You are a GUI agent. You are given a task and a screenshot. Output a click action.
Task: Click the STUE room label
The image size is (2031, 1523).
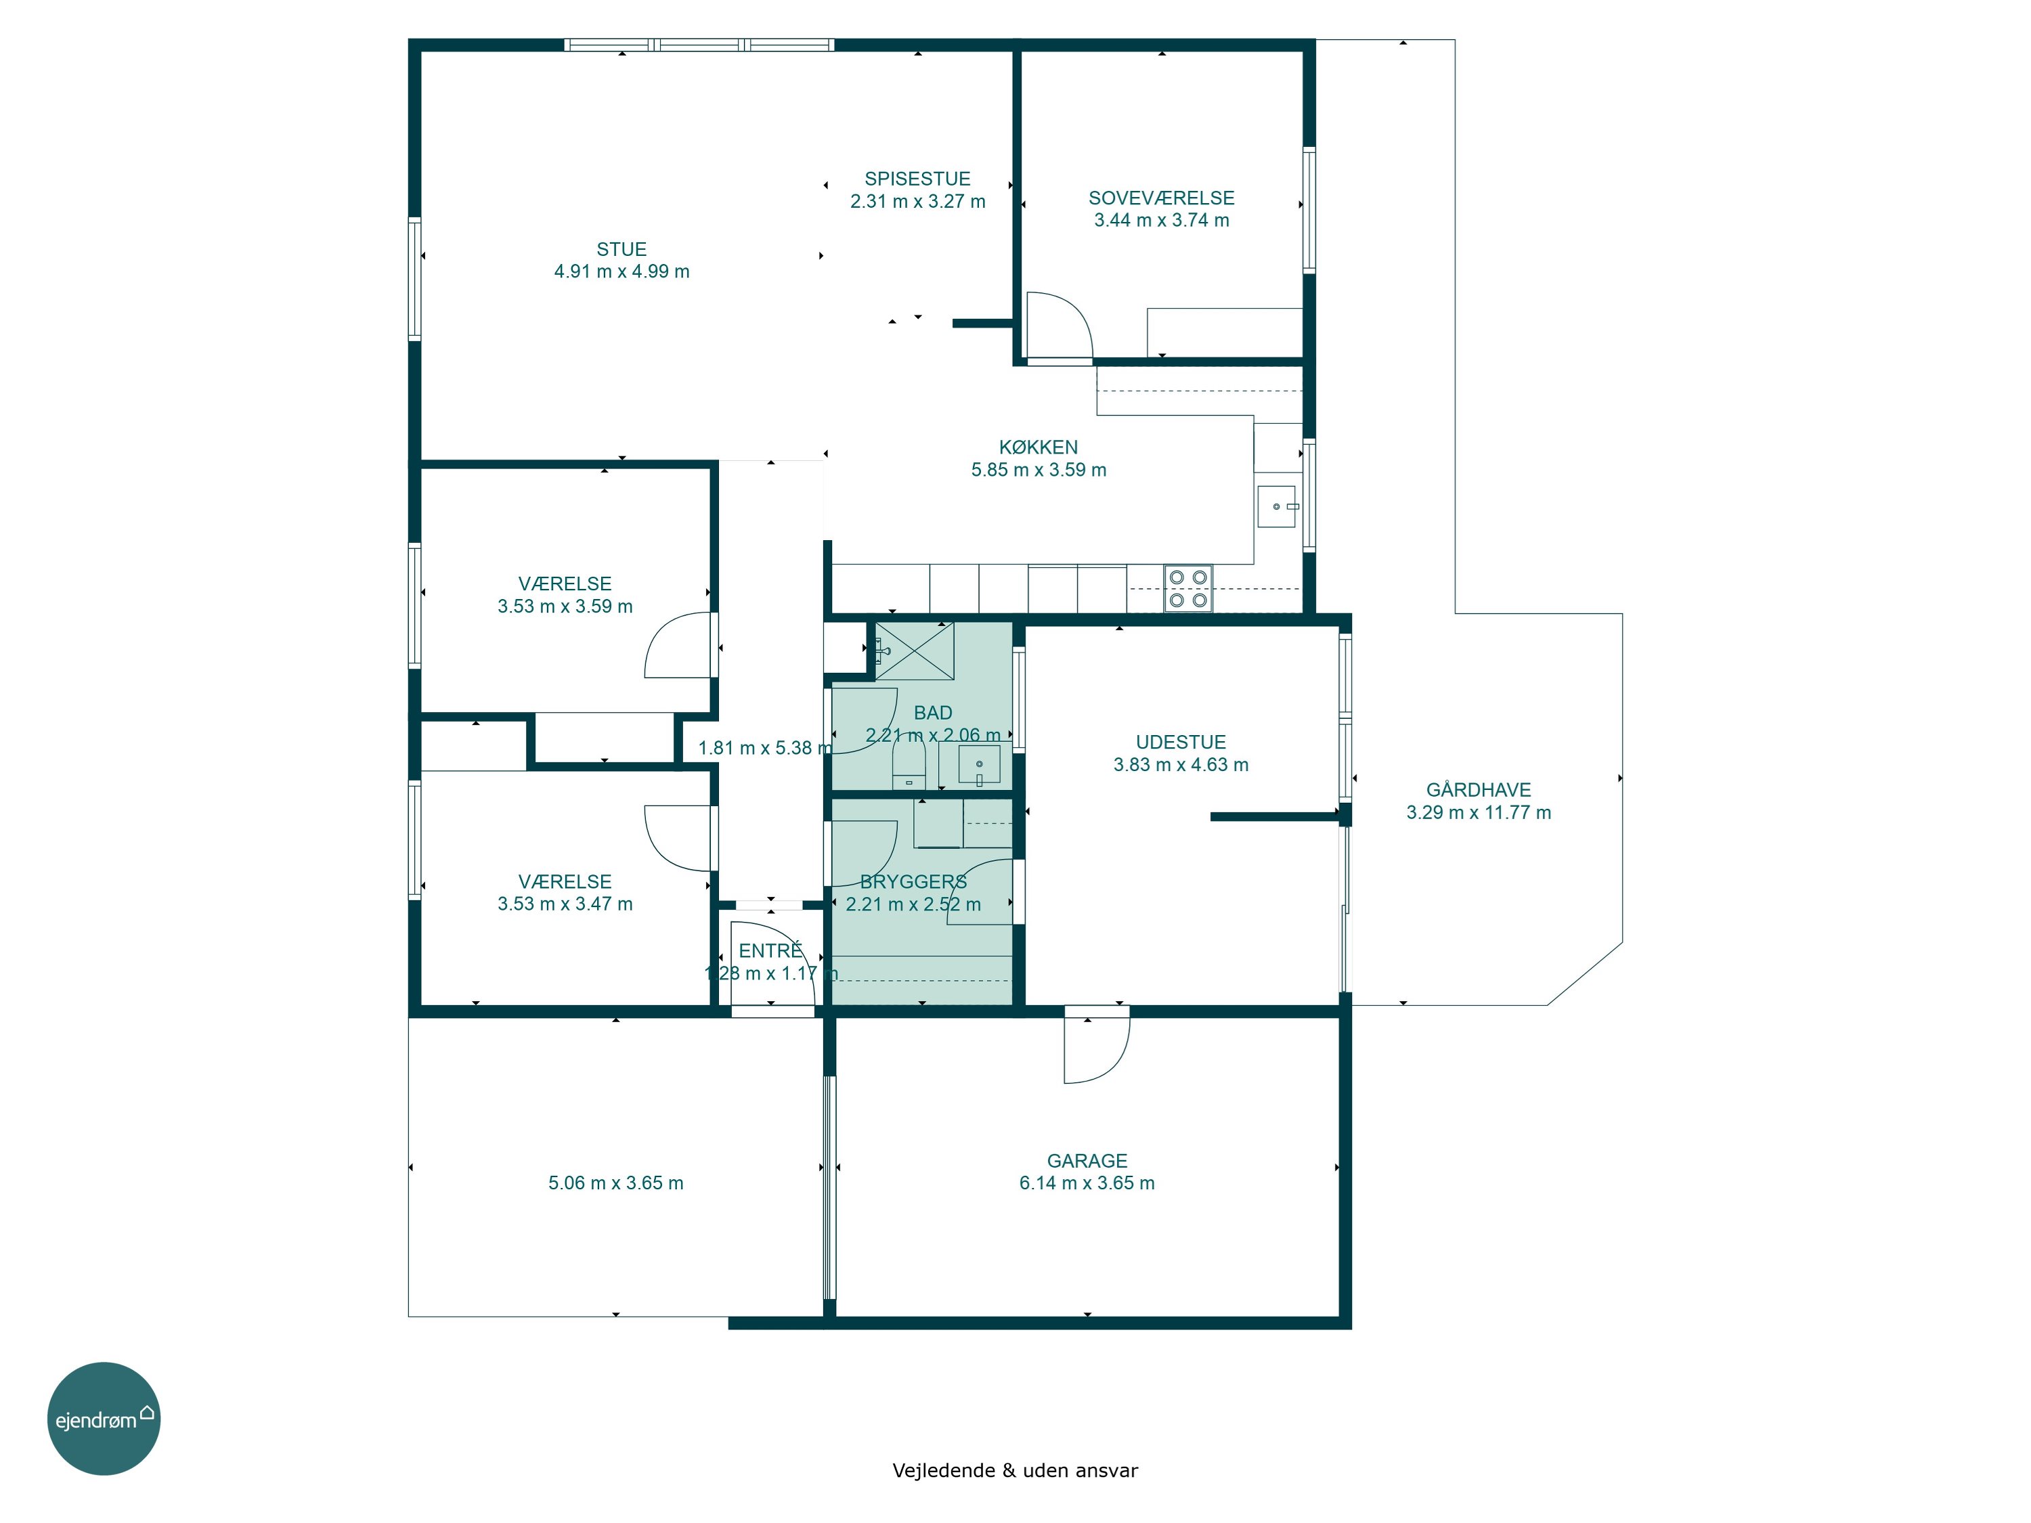click(x=621, y=249)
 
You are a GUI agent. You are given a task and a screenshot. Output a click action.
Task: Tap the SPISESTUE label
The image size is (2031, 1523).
click(x=917, y=179)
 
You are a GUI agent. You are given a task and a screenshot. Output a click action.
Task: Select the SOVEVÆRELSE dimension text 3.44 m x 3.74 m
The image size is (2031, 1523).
click(x=1162, y=220)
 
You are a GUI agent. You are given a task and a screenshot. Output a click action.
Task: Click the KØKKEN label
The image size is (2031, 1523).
click(x=1039, y=447)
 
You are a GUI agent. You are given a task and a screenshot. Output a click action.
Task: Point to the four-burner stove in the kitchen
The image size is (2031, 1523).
click(x=1188, y=588)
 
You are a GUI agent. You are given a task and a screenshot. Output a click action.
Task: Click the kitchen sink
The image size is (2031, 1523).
click(x=1276, y=507)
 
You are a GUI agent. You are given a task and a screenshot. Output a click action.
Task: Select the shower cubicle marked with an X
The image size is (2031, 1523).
click(x=915, y=651)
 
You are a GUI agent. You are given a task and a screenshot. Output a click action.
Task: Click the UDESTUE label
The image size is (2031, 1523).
click(x=1181, y=742)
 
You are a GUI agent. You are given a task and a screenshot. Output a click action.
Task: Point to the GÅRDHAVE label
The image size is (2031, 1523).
click(x=1479, y=789)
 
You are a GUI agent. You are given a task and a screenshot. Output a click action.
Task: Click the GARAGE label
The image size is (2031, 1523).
click(x=1087, y=1160)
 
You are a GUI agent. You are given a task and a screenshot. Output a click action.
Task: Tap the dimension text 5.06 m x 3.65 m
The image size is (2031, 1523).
click(x=616, y=1183)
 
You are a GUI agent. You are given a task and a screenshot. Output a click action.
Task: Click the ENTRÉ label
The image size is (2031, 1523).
click(x=770, y=950)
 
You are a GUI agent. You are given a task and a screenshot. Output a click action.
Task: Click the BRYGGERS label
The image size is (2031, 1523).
click(x=913, y=881)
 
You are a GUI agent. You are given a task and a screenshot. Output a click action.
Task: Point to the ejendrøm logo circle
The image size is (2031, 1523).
click(x=104, y=1418)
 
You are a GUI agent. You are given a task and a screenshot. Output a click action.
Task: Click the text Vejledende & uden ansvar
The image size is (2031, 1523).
click(x=1016, y=1471)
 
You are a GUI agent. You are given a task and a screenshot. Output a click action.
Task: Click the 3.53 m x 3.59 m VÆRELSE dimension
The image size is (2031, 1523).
click(x=565, y=606)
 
